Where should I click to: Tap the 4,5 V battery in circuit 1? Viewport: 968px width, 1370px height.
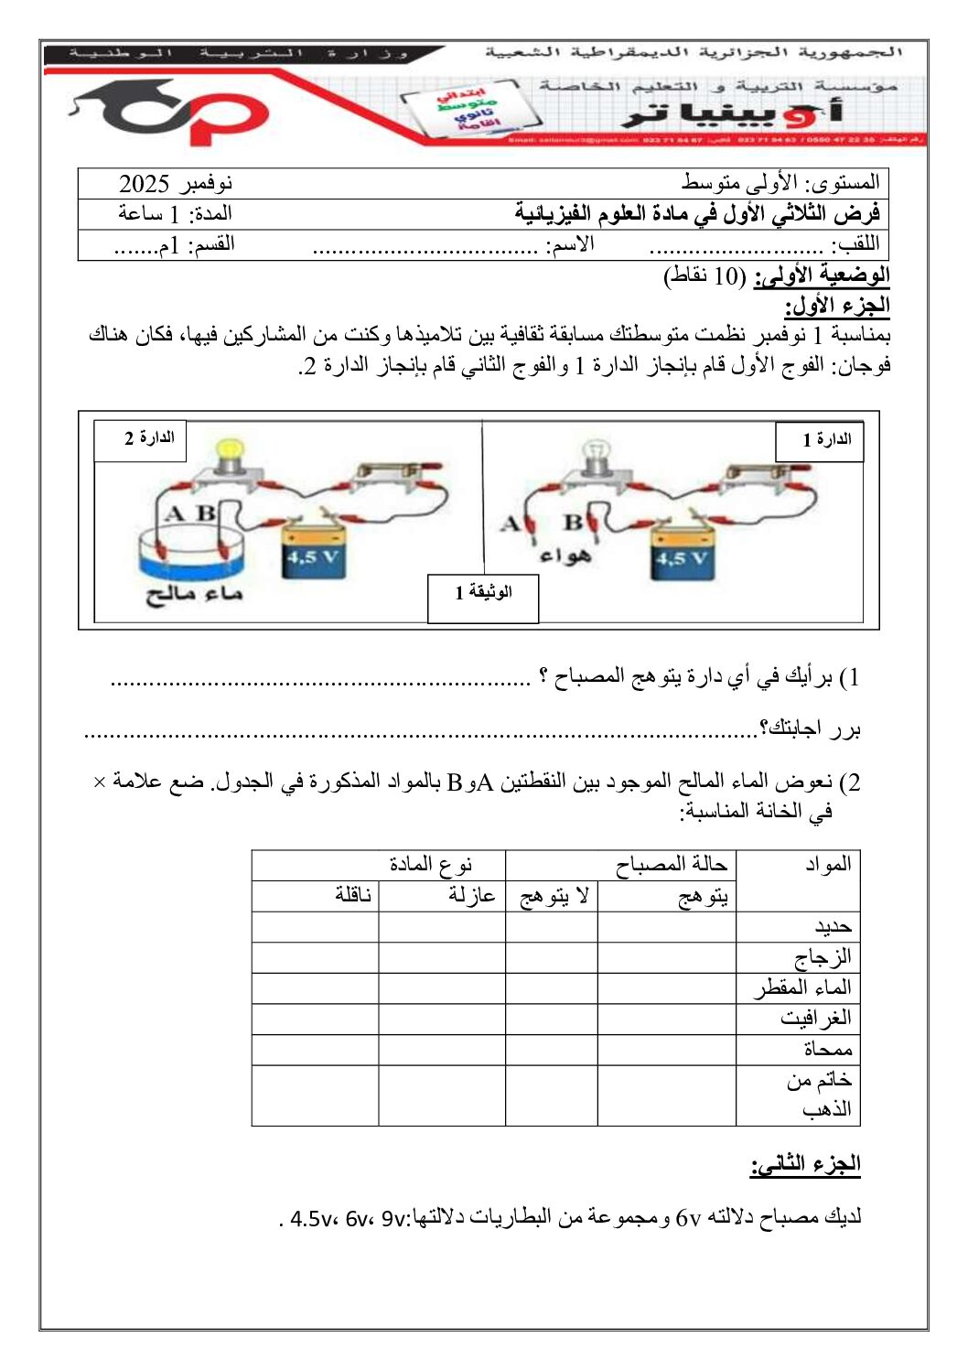[x=682, y=553]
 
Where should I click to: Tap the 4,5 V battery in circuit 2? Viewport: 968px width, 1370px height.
[x=312, y=550]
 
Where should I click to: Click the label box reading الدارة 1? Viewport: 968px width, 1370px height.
[x=820, y=441]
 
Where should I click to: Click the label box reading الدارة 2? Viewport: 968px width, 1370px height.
[x=141, y=439]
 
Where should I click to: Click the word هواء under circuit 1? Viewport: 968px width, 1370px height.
[x=565, y=556]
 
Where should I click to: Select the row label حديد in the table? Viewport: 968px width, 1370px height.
[x=833, y=927]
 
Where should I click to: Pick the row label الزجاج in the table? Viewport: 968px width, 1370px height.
[x=822, y=957]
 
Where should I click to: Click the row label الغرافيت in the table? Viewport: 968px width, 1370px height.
[x=815, y=1019]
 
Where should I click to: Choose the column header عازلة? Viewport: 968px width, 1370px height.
[x=471, y=896]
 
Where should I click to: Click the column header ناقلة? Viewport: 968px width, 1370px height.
[x=352, y=896]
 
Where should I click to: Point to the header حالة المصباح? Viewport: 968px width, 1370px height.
[x=671, y=865]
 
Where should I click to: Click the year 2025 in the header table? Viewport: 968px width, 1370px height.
[x=145, y=184]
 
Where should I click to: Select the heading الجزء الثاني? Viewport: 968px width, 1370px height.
[x=805, y=1164]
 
